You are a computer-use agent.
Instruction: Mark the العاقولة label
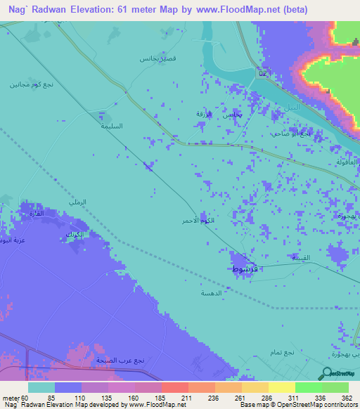point(341,162)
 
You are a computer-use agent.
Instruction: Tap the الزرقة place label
point(203,113)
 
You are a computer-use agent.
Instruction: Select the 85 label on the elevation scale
point(67,398)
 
